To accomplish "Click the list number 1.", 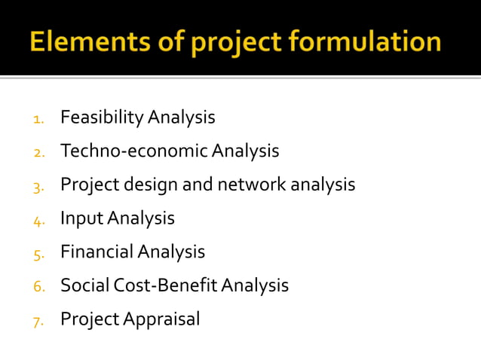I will click(x=39, y=119).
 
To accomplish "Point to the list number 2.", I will click(x=39, y=153).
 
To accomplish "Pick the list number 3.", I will click(x=39, y=186).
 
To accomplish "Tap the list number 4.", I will click(x=39, y=220).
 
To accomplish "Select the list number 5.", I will click(x=39, y=254).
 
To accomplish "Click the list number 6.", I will click(x=39, y=287).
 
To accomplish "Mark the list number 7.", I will click(x=39, y=321).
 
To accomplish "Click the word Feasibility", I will click(x=102, y=118).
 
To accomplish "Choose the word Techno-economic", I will click(x=133, y=151).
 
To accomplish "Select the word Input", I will click(x=81, y=219).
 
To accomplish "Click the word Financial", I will click(x=97, y=252).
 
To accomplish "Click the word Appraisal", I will click(x=162, y=320).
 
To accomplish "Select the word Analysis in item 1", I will click(x=182, y=118).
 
